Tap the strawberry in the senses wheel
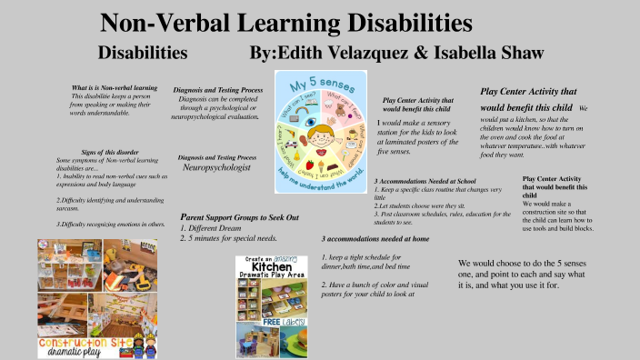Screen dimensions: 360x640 tap(310, 164)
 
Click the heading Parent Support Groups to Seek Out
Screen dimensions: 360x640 tap(239, 218)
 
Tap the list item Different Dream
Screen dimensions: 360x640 tap(218, 228)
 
